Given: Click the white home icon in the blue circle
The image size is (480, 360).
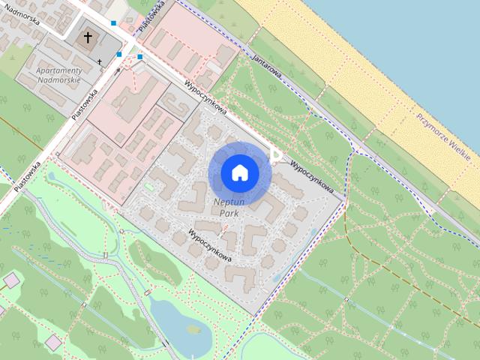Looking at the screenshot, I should pos(240,172).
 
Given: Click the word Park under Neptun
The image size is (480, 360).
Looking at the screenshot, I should pos(230,213).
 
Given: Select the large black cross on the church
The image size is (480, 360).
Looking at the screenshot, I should pos(88,37).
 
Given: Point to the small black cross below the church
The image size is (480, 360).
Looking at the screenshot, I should pos(100,61).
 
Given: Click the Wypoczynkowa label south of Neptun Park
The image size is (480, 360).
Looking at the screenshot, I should pos(211,245).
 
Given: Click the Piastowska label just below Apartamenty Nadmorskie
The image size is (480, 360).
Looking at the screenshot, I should pos(85,106).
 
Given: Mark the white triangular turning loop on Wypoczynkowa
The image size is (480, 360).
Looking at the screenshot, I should pos(276,155).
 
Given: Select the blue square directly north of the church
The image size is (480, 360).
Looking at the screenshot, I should pos(113,23).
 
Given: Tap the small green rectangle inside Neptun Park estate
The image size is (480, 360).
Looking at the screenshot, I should pos(148,187).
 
